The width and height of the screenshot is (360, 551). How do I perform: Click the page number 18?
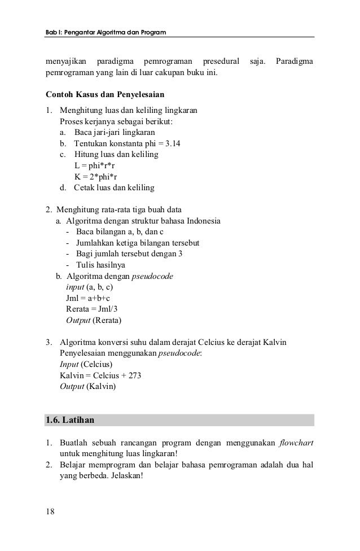[50, 511]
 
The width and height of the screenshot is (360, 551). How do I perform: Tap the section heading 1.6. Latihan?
[71, 421]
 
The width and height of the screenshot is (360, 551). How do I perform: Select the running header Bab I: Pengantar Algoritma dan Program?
[106, 33]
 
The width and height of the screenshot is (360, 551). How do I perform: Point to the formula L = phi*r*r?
[95, 165]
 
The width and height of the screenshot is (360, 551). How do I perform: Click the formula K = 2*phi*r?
[95, 176]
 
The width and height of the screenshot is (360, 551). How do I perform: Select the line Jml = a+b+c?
[88, 298]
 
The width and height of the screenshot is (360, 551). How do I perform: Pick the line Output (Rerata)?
[94, 320]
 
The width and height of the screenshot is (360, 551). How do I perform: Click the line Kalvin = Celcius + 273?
[100, 375]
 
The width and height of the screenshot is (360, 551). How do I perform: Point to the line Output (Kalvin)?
[87, 387]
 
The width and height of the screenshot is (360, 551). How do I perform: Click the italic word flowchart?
[296, 442]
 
